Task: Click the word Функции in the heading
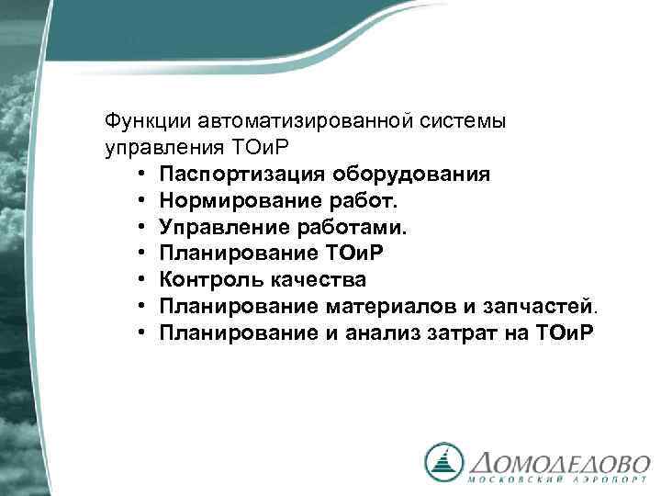tap(139, 120)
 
